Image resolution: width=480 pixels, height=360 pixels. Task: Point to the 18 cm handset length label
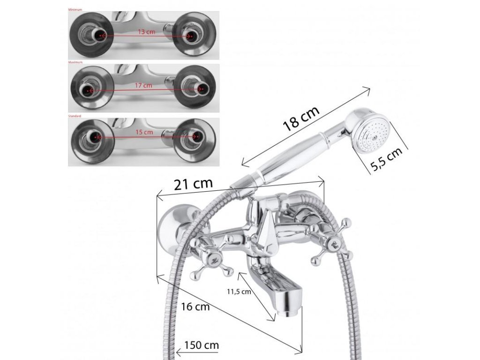tap(301, 118)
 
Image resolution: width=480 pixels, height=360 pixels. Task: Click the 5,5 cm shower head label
tap(386, 160)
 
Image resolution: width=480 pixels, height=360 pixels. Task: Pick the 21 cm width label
tap(193, 183)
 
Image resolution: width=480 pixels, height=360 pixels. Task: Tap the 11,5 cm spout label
tap(239, 292)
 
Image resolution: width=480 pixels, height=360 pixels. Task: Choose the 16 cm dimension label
tap(195, 307)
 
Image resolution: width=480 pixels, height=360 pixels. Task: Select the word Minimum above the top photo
tap(75, 9)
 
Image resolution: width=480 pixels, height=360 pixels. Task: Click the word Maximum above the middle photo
tap(75, 62)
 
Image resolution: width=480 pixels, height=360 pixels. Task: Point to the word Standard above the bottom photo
tap(75, 115)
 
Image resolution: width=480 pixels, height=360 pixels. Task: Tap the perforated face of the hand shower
tap(374, 135)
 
